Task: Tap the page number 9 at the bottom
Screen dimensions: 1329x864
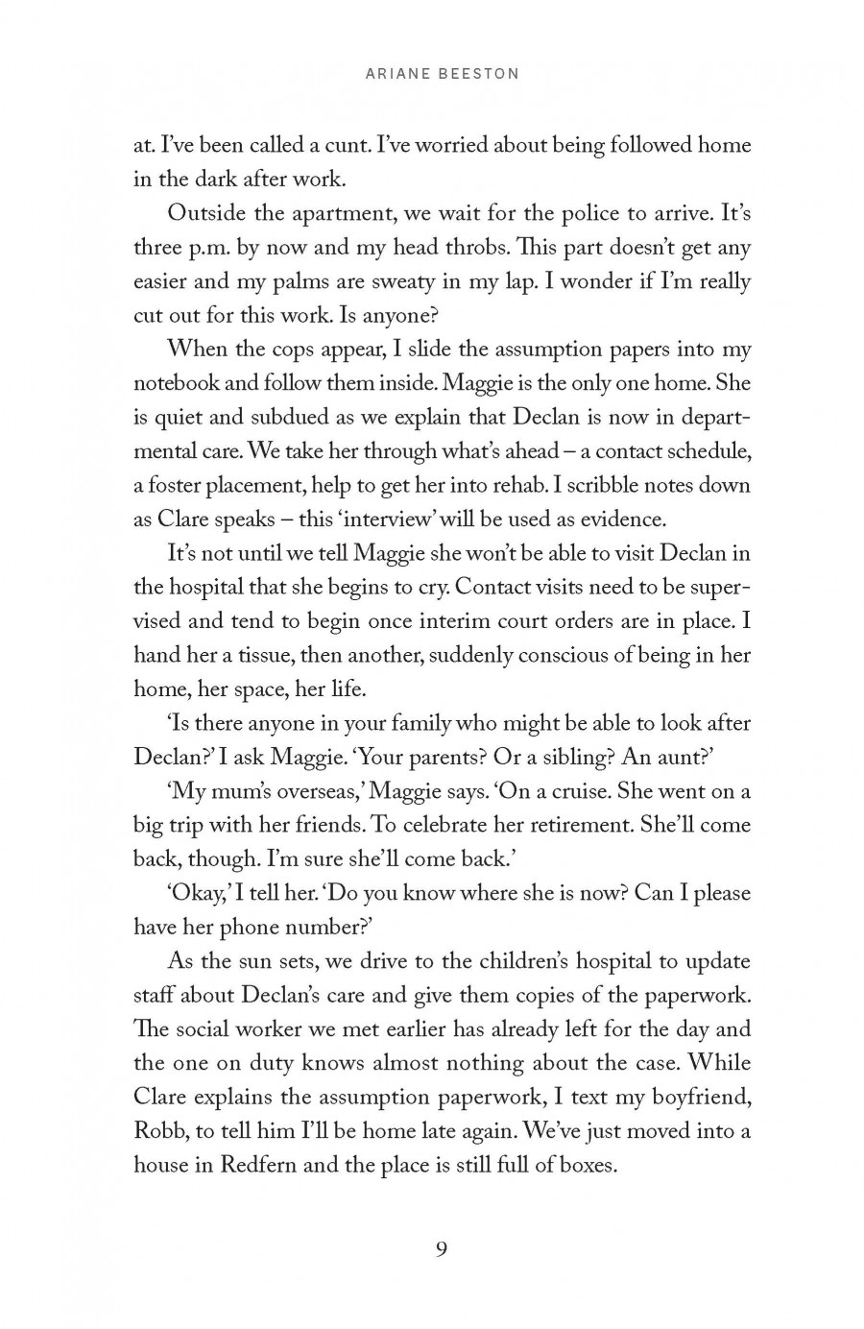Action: pyautogui.click(x=441, y=1249)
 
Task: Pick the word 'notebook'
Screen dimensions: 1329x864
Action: pyautogui.click(x=174, y=383)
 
